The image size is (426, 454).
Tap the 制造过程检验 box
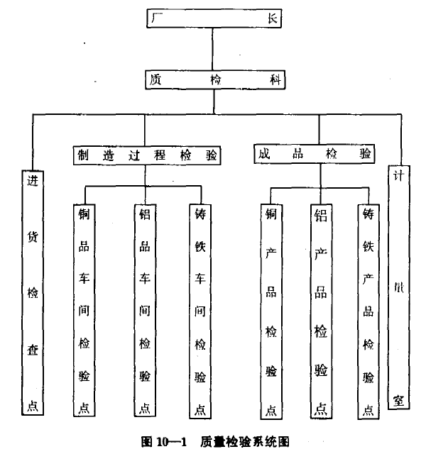(x=146, y=155)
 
